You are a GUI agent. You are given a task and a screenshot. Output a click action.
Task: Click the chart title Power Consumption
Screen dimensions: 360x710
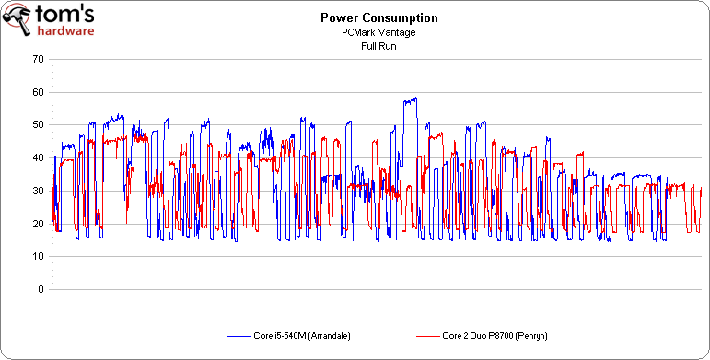coord(367,17)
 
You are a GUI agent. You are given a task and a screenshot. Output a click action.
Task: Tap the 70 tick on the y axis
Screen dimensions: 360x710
coord(37,59)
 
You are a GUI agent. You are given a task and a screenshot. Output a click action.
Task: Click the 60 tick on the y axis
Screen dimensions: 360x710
coord(37,92)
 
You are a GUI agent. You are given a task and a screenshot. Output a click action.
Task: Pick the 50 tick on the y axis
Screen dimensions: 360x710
coord(37,124)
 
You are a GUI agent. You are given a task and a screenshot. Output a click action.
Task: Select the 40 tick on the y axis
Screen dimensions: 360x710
coord(37,157)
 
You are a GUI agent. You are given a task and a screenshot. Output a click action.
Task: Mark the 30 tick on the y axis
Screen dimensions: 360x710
coord(37,191)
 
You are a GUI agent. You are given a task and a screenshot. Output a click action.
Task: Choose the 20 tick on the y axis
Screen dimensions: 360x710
coord(37,224)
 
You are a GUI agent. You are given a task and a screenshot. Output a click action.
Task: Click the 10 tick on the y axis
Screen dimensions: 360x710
coord(37,256)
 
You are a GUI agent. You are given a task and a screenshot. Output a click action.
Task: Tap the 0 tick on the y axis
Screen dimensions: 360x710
coord(40,289)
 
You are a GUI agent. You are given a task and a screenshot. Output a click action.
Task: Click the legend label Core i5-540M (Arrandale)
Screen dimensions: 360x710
coord(301,335)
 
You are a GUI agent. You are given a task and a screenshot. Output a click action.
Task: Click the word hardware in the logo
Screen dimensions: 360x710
coord(65,29)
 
